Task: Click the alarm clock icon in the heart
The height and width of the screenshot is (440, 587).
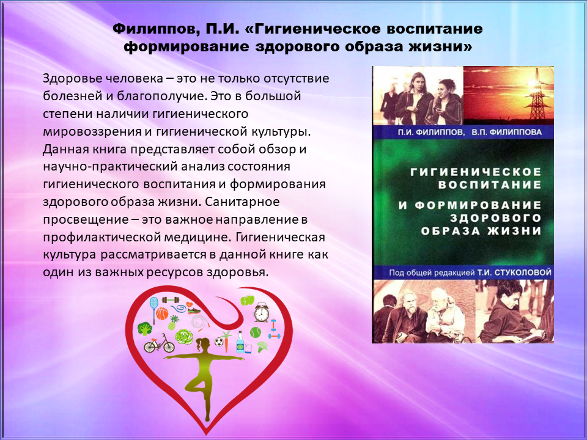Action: [261, 313]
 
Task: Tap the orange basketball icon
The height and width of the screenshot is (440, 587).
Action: [161, 313]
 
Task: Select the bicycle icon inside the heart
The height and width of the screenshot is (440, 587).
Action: [159, 343]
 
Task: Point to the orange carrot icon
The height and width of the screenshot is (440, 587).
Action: [226, 341]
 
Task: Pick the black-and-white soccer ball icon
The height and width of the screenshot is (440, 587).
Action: [219, 342]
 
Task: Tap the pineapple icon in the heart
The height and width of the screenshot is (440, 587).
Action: [172, 322]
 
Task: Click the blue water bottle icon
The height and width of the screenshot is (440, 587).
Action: [240, 342]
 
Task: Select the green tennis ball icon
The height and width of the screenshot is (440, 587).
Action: [256, 332]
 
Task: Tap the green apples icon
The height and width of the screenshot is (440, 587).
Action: [248, 299]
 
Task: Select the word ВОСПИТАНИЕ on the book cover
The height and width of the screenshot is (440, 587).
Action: [490, 185]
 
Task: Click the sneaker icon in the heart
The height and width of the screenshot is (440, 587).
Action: [194, 310]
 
